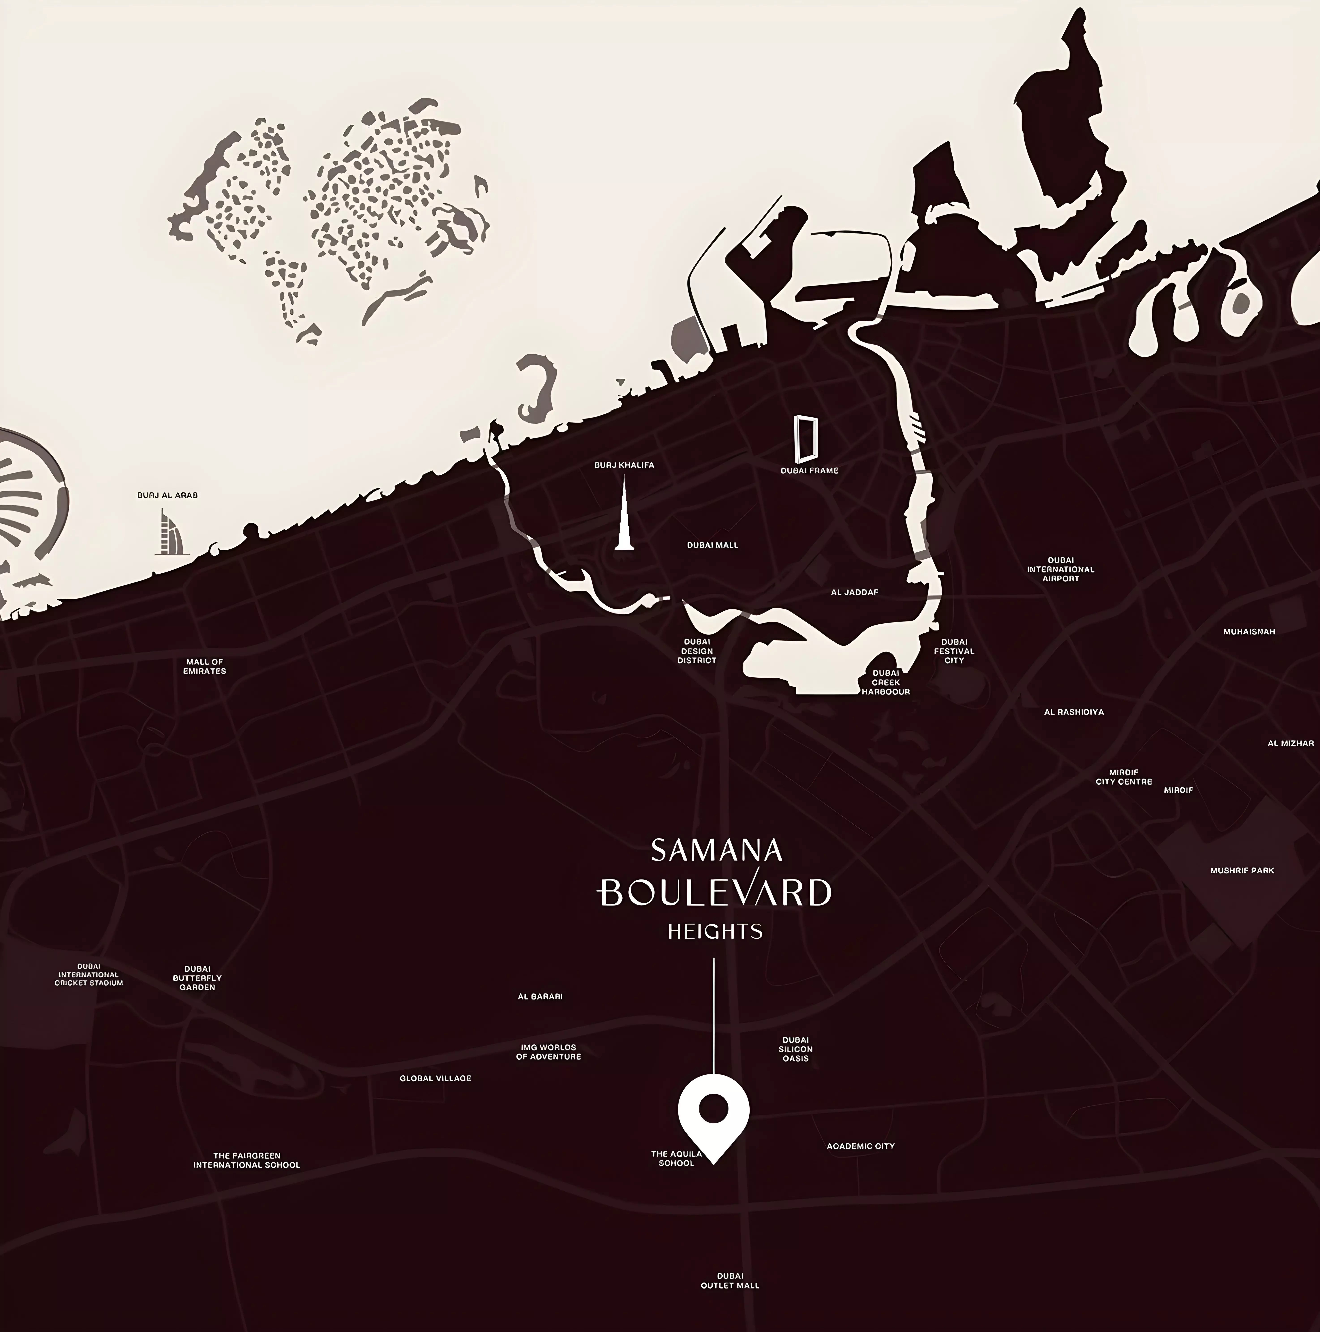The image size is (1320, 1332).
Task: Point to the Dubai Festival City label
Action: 954,651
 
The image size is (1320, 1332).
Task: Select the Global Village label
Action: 435,1078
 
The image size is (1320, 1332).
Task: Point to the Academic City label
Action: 861,1146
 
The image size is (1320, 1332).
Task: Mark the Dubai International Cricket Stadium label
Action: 89,974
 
